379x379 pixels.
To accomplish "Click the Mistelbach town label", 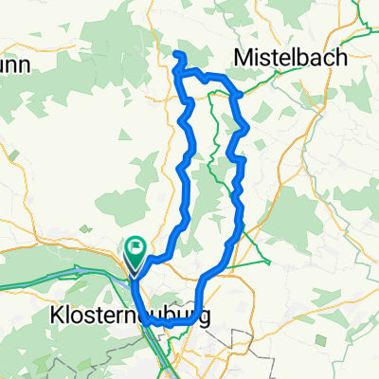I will point(295,57).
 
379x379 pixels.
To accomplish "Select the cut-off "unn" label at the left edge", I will point(16,64).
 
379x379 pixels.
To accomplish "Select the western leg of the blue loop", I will point(182,171).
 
